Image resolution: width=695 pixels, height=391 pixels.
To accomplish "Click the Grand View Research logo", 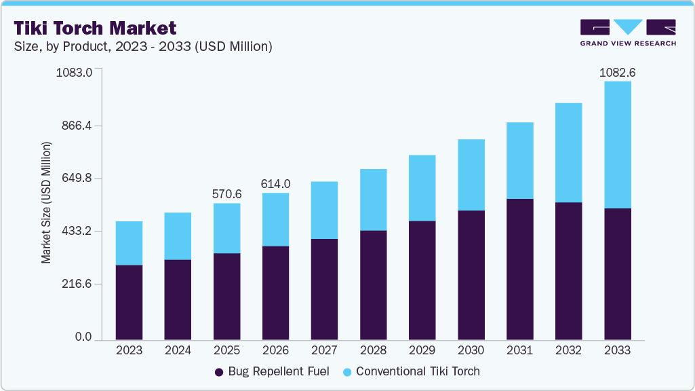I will [628, 33].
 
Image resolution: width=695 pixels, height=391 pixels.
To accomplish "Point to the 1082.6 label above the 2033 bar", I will [617, 72].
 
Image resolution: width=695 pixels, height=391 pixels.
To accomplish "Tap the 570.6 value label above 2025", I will [226, 194].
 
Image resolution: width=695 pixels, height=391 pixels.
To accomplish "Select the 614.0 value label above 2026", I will [275, 184].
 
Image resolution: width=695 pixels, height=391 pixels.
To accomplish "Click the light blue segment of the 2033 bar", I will [617, 145].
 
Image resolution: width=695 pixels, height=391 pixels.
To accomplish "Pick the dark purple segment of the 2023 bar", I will [129, 302].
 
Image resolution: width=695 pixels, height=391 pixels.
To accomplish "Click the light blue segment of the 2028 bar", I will [373, 200].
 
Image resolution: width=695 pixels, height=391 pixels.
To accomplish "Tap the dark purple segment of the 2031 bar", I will [519, 269].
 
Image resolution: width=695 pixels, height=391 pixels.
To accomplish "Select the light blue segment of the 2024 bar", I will [178, 236].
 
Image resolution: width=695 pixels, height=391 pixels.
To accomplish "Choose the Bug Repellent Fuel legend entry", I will [272, 371].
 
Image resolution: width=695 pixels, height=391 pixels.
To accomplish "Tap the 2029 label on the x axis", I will [422, 350].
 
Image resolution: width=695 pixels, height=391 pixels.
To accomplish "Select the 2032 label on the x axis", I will [568, 350].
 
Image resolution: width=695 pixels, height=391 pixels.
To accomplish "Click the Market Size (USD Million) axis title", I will [46, 202].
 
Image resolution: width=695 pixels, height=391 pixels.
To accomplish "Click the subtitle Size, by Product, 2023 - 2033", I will [142, 47].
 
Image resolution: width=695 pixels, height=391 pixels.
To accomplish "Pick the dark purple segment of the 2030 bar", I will [471, 275].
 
